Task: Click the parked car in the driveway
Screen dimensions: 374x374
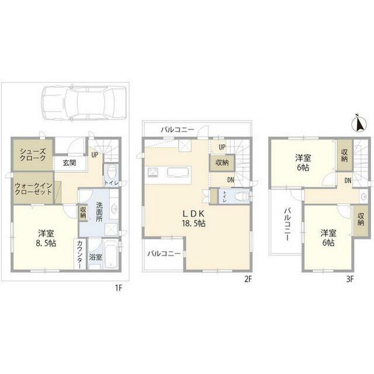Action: (84, 103)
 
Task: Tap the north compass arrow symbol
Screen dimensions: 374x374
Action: (358, 123)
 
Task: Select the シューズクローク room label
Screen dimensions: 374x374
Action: (33, 154)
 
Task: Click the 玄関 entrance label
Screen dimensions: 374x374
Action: (70, 163)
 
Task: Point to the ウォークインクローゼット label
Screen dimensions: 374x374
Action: (33, 188)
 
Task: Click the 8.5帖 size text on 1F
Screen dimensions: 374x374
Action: (47, 243)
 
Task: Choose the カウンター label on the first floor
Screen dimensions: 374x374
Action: (80, 254)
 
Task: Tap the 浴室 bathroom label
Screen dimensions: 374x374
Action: (96, 257)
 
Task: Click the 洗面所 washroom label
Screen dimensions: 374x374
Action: (99, 212)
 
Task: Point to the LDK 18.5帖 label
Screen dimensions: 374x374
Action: (194, 218)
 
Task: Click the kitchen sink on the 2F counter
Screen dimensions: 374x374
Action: (178, 172)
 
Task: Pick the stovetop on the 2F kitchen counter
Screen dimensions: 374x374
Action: (153, 172)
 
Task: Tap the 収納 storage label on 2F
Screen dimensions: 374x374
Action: (222, 162)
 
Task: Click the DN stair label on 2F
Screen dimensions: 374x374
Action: (231, 180)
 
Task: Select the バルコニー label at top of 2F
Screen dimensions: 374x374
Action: (178, 130)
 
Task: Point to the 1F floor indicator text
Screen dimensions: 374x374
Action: (119, 288)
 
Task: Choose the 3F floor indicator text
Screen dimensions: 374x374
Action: (349, 279)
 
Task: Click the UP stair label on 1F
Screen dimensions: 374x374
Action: (95, 155)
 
